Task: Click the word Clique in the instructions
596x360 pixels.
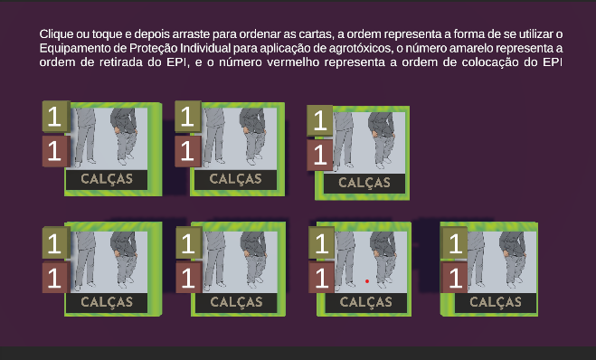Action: [x=56, y=34]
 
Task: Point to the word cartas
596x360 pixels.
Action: [x=316, y=34]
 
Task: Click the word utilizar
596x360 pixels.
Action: [x=535, y=34]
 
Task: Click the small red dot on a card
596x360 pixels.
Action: [x=367, y=281]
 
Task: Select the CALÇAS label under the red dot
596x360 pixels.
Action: [x=365, y=302]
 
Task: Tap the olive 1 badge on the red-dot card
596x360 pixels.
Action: [x=322, y=243]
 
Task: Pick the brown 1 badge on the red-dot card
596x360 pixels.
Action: [x=322, y=277]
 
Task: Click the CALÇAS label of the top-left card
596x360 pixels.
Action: [x=107, y=179]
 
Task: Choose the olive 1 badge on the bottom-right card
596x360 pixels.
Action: [x=455, y=243]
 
